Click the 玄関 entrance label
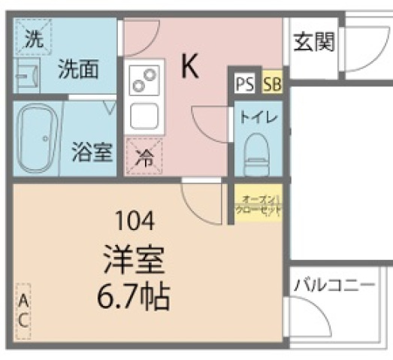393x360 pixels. click(314, 42)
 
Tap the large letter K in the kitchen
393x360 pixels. click(189, 67)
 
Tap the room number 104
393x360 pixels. click(136, 221)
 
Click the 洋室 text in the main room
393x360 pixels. click(136, 261)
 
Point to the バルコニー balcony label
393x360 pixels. click(333, 286)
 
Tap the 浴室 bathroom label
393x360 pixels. click(92, 153)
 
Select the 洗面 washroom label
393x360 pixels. click(80, 70)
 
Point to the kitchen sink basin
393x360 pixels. click(144, 116)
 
